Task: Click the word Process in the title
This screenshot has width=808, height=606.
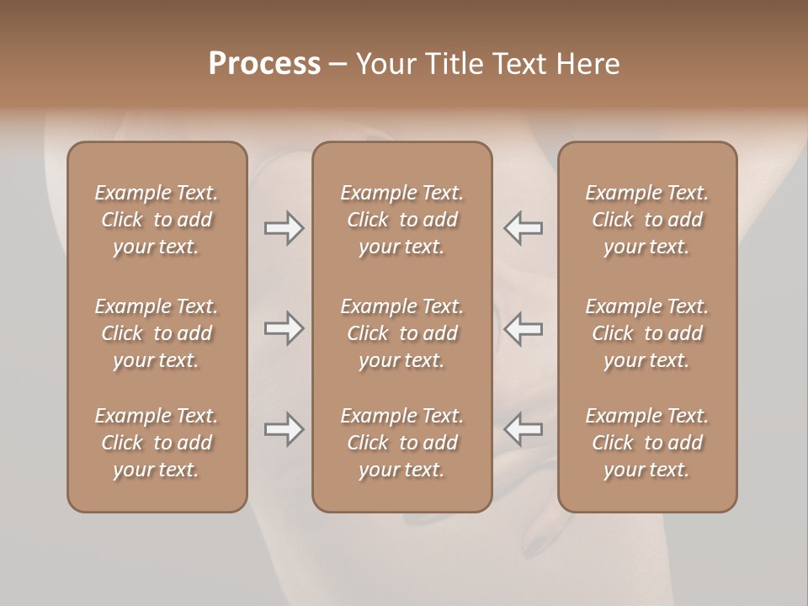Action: [x=264, y=64]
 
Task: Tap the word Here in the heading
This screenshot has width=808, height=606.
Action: [x=588, y=64]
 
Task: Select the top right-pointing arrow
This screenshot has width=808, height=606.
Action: [x=284, y=228]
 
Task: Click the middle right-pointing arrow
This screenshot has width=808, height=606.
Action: [x=284, y=328]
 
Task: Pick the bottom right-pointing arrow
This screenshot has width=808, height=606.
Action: [x=284, y=429]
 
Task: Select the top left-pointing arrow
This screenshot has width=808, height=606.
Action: [x=523, y=228]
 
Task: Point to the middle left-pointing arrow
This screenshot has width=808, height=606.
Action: [x=523, y=328]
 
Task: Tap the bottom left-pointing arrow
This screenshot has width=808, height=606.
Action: [x=523, y=429]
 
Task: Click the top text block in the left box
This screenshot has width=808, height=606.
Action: [x=157, y=220]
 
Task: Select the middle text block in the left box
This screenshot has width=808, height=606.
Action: [x=157, y=333]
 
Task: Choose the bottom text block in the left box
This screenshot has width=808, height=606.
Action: [x=157, y=443]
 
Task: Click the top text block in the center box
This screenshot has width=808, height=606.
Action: [x=401, y=220]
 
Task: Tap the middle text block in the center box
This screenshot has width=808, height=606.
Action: [x=401, y=333]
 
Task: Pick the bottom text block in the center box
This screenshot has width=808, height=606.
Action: [x=401, y=443]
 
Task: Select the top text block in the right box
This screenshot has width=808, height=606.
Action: [x=646, y=220]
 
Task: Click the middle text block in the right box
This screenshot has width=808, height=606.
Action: [x=646, y=333]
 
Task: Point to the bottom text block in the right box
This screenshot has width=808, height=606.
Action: [x=646, y=443]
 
